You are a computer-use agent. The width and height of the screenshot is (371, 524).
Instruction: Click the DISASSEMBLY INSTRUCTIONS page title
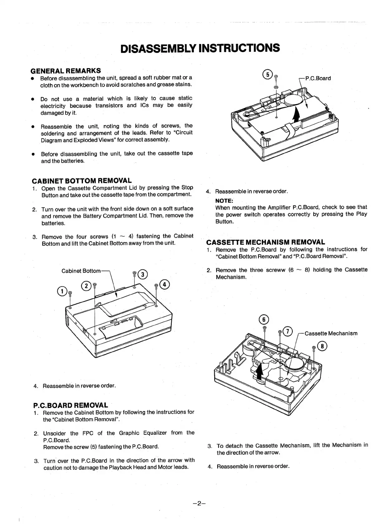click(x=200, y=48)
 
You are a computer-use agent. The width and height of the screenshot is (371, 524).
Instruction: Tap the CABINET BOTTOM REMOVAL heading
click(x=82, y=181)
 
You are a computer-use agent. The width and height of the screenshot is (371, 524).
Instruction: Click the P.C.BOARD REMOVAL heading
click(x=70, y=405)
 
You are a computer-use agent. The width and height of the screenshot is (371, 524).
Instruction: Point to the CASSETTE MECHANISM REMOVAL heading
click(x=266, y=242)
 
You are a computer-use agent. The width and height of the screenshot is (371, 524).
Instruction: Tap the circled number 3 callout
click(x=142, y=274)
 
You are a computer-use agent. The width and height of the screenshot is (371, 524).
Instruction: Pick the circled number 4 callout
click(x=164, y=284)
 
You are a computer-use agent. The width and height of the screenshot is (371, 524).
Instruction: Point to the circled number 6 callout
click(x=264, y=319)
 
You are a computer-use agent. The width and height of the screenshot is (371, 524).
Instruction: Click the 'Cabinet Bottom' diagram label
click(x=81, y=271)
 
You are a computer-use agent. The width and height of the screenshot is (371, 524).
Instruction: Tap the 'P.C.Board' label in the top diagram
click(x=318, y=78)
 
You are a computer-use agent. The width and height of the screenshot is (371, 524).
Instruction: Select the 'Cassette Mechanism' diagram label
click(x=330, y=333)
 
